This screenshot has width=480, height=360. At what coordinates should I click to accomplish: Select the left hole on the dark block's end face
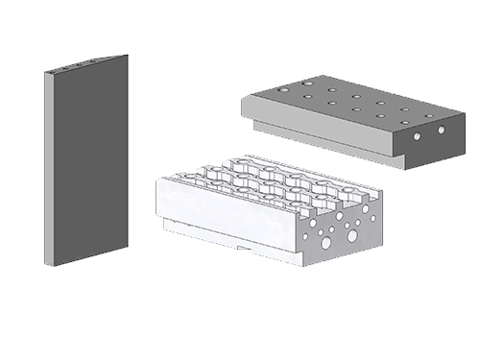418,137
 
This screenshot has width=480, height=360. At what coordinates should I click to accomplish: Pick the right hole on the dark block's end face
442,129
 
